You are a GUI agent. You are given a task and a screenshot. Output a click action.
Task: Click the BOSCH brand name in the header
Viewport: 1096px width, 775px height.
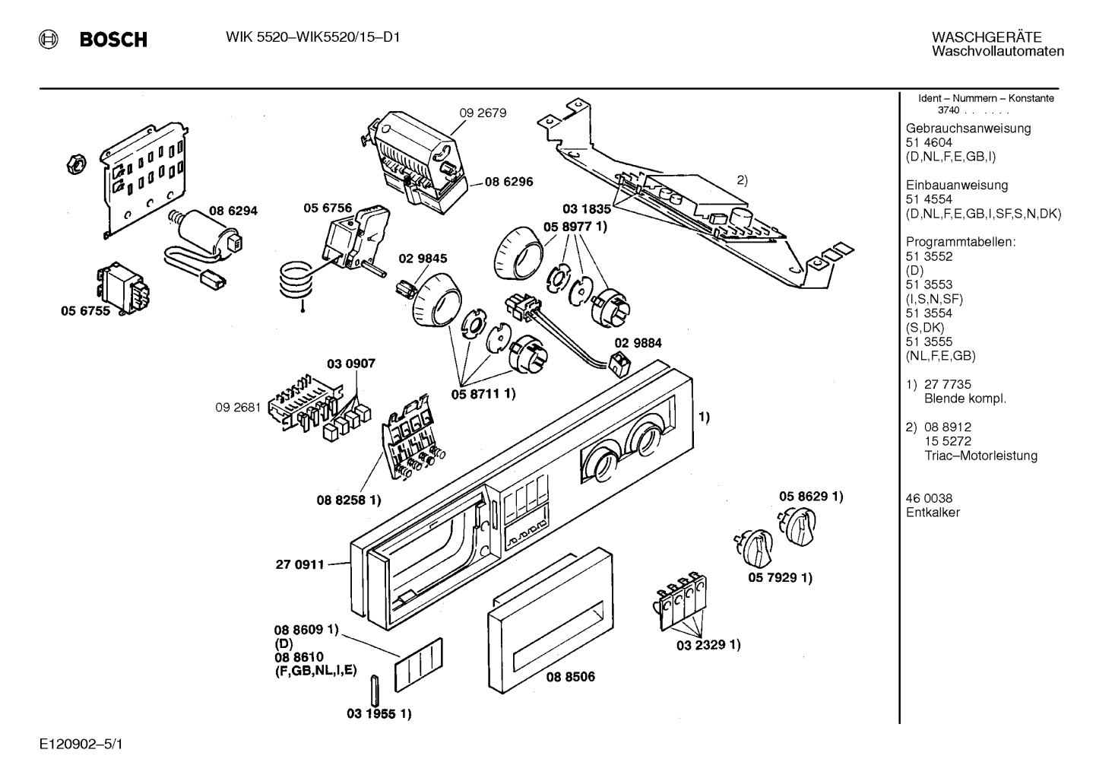click(x=113, y=39)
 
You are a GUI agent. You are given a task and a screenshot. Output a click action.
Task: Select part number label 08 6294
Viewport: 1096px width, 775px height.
click(x=233, y=211)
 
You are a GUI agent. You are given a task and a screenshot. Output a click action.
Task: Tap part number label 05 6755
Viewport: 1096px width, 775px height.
click(x=85, y=311)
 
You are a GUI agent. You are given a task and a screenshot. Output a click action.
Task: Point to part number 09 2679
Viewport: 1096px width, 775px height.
click(x=483, y=113)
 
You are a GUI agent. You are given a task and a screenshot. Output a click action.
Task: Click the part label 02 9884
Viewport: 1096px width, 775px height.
click(x=638, y=343)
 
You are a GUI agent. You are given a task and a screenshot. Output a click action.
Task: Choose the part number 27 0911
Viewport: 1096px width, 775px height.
click(x=300, y=564)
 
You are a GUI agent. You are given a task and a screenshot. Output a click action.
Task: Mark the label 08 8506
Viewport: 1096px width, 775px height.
click(x=571, y=677)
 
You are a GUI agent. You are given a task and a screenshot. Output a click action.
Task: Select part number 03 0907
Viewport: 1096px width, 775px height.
click(x=351, y=364)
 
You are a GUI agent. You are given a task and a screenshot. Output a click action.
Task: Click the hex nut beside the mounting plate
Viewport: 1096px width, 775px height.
click(x=76, y=164)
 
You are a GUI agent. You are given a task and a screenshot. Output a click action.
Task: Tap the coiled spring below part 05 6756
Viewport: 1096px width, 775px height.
click(x=296, y=281)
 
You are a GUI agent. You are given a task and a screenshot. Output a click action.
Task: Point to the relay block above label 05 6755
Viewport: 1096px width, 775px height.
click(x=124, y=287)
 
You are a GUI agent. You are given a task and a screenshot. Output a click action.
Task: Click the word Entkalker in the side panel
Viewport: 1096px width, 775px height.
click(x=933, y=513)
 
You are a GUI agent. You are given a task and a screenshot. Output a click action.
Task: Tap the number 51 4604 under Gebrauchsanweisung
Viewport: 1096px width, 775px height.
click(x=929, y=142)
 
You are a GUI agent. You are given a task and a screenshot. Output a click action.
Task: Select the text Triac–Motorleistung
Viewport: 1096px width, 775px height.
click(x=980, y=456)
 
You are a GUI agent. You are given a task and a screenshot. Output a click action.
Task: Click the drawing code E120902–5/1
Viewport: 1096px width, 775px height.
click(x=81, y=745)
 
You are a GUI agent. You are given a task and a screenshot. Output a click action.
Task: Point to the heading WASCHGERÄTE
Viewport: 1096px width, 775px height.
click(x=987, y=37)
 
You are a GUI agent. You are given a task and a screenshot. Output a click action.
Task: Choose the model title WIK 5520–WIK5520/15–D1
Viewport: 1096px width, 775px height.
click(x=312, y=37)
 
